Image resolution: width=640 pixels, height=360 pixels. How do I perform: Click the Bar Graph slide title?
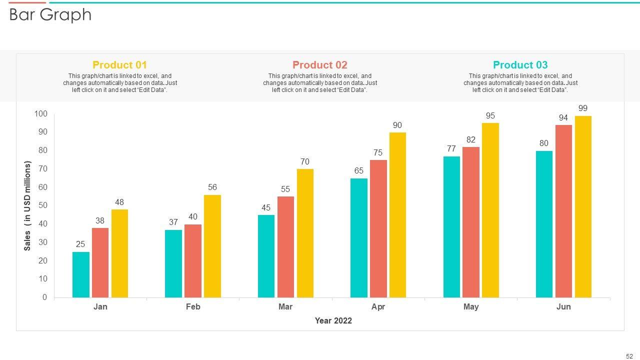50,15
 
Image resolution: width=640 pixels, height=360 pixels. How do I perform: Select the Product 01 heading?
120,65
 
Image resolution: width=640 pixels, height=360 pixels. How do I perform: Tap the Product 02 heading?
320,65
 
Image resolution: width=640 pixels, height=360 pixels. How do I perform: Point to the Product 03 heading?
520,65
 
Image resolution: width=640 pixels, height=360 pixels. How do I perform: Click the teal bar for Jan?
81,275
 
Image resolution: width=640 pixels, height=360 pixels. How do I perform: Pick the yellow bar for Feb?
212,246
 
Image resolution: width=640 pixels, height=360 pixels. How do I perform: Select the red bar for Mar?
285,247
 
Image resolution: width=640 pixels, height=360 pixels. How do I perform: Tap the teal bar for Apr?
358,238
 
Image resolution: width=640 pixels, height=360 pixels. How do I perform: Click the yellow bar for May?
490,210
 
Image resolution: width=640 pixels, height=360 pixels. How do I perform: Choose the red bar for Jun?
563,211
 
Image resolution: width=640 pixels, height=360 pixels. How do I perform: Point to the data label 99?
583,108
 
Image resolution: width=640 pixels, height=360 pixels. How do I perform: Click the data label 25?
80,244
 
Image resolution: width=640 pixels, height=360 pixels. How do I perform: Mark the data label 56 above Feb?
212,187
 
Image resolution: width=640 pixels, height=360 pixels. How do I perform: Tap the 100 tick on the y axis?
41,114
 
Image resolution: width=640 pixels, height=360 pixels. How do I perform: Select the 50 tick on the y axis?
42,205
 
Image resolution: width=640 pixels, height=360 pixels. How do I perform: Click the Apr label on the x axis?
378,307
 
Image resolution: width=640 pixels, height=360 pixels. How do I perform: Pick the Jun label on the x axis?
563,307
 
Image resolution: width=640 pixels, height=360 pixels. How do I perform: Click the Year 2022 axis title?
333,321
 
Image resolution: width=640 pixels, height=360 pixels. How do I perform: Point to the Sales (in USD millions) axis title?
28,205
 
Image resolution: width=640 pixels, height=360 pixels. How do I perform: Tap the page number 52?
629,356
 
